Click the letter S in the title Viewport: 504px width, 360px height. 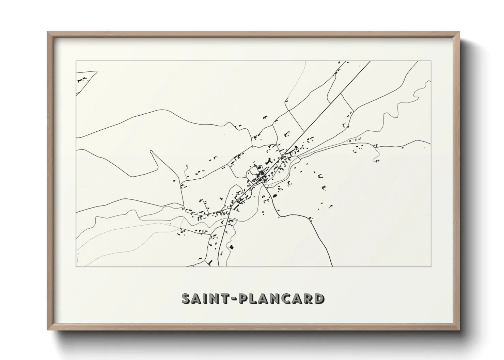point(187,298)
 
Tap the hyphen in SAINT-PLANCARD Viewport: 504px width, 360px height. point(234,299)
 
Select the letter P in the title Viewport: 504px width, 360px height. point(245,298)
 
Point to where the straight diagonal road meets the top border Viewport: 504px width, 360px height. point(370,61)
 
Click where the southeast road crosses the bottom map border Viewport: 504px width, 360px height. point(332,266)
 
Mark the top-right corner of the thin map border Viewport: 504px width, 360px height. point(431,61)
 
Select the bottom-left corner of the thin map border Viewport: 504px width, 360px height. point(76,266)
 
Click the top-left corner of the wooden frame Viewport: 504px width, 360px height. point(48,32)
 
